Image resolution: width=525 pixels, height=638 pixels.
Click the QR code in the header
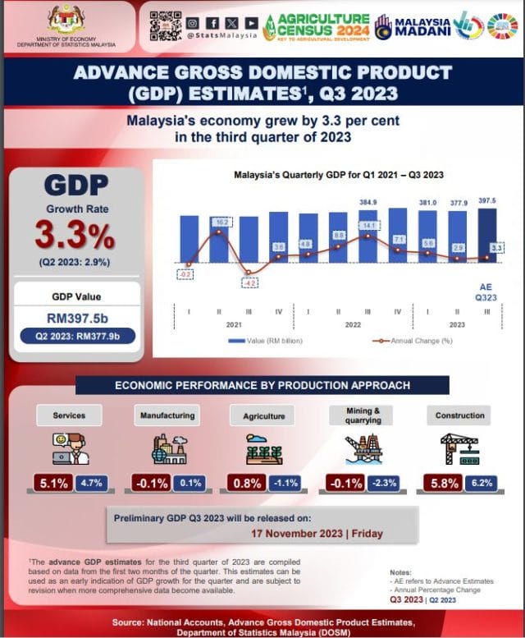point(164,25)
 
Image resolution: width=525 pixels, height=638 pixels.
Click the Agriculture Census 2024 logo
point(316,26)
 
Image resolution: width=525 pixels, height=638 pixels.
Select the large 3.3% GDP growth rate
point(75,236)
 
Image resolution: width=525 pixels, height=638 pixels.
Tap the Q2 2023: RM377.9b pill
point(75,335)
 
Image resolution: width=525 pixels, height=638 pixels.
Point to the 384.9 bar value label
point(368,202)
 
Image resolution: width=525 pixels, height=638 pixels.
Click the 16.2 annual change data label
point(221,222)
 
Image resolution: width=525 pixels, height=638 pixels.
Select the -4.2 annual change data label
point(249,283)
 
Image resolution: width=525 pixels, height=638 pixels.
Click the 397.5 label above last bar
point(486,202)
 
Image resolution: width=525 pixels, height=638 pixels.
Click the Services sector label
point(69,415)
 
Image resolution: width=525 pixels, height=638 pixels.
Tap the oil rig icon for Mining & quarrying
point(362,449)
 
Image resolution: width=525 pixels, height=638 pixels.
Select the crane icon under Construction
point(459,449)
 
